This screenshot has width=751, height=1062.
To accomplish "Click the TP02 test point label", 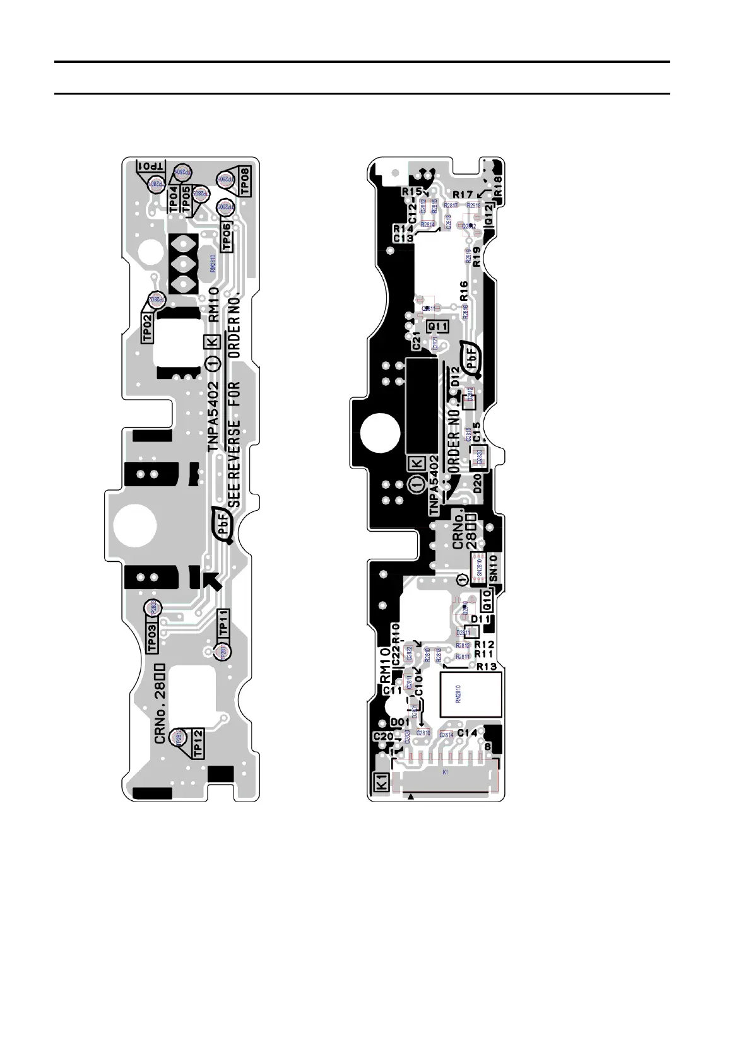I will click(x=148, y=328).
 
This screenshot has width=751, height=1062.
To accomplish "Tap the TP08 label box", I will click(x=244, y=183).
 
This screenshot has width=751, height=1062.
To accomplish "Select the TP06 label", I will click(x=227, y=236).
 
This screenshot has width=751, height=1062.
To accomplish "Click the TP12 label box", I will click(x=198, y=742).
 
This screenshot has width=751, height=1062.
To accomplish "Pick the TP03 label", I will click(x=152, y=638).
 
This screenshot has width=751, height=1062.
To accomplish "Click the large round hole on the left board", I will click(x=135, y=525).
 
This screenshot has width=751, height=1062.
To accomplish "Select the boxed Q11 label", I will click(x=437, y=326).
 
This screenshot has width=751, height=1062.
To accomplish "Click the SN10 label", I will click(x=493, y=568).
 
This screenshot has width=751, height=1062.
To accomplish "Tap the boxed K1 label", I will click(x=382, y=783).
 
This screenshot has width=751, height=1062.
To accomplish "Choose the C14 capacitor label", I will click(x=467, y=733).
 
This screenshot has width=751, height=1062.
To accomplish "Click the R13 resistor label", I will click(x=486, y=667).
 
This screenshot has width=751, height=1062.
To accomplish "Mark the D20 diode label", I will click(x=477, y=484).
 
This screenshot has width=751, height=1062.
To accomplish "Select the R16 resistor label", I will click(x=464, y=291).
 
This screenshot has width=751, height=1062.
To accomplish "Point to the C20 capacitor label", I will click(x=383, y=737).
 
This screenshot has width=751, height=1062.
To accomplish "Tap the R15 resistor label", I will click(x=411, y=191).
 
